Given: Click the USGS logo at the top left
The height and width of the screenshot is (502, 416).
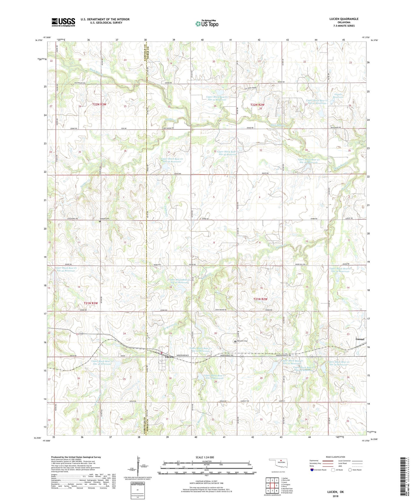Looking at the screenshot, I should coord(63,22).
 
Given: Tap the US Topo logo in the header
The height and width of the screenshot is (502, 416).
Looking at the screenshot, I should coord(206,24).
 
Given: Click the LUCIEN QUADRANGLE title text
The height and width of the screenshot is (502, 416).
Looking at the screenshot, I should coord(344,19).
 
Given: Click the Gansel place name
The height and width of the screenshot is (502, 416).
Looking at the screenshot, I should coord(360,339).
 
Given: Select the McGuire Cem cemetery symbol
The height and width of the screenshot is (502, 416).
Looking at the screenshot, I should coord(235,341).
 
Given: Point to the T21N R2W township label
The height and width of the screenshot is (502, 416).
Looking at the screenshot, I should coord(260,299).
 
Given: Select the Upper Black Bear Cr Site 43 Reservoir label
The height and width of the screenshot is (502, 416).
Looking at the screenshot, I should coord(66,269).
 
